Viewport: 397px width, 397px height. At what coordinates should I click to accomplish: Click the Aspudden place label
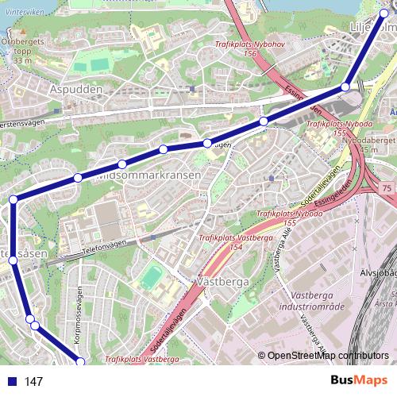pos(76,90)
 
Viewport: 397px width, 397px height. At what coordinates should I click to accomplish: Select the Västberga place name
pos(222,281)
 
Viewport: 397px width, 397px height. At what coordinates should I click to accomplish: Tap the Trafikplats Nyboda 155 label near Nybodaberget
pos(330,129)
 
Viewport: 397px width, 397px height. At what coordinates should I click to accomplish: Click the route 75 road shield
pos(387,187)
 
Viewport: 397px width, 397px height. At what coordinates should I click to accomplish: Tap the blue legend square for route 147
pos(10,382)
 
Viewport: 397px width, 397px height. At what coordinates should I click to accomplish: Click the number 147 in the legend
pos(33,382)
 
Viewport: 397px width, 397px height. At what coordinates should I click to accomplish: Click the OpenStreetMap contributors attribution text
pos(327,357)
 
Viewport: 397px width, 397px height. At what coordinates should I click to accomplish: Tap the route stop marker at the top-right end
pos(385,13)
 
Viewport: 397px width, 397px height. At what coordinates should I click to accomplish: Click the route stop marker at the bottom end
pos(79,362)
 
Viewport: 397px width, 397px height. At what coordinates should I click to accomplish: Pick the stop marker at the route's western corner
pos(13,199)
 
